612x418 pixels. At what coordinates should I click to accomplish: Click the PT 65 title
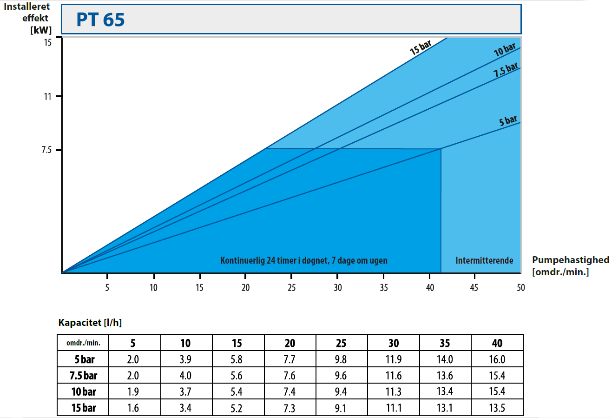point(100,20)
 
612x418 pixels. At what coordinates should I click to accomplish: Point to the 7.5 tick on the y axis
point(46,150)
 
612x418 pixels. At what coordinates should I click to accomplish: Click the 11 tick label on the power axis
point(47,97)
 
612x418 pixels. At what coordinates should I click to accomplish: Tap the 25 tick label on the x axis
point(291,288)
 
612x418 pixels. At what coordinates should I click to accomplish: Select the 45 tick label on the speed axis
point(474,288)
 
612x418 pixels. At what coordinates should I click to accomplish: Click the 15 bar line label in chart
point(421,48)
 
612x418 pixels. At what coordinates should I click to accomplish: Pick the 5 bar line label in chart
point(508,121)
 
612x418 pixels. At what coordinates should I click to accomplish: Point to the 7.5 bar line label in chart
point(506,70)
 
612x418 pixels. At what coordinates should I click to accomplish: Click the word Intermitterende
point(484,260)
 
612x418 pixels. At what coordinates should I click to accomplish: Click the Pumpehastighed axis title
point(570,260)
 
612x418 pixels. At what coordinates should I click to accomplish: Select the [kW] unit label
point(41,30)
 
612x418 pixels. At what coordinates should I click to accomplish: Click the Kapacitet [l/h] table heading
point(90,323)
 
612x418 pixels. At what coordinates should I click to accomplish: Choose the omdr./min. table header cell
point(83,343)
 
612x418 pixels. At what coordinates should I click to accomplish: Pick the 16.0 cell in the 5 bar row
point(497,359)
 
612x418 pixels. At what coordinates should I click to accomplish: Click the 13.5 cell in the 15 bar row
point(497,408)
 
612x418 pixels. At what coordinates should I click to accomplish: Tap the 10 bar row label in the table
point(84,391)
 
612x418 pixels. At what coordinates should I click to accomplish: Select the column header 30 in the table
point(393,343)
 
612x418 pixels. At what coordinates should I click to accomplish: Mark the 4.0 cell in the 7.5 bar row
point(185,376)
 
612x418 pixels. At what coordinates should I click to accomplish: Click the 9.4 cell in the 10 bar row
point(341,391)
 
